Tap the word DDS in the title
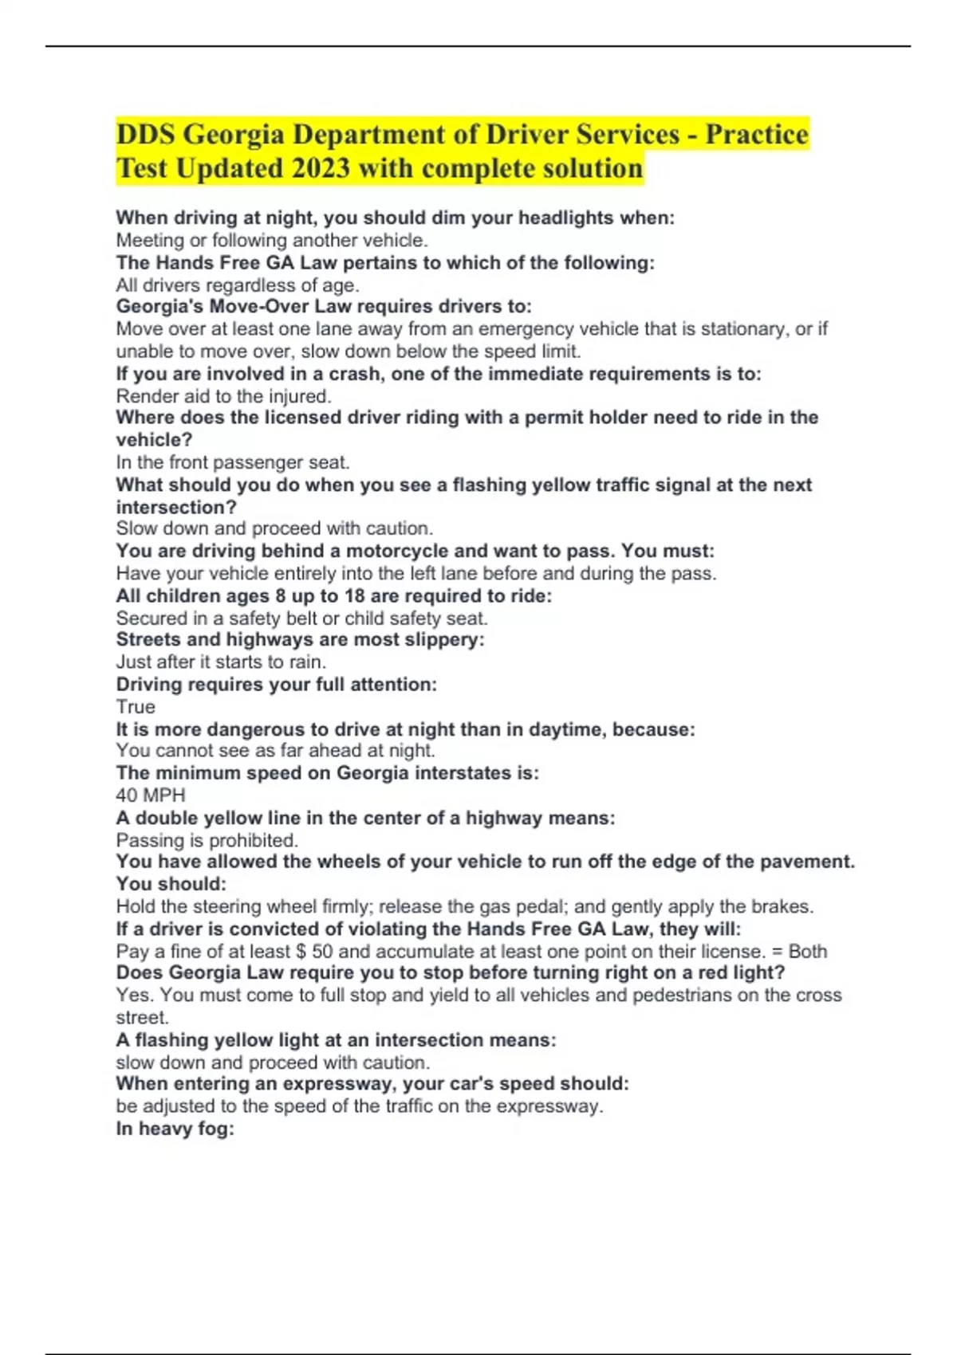[145, 135]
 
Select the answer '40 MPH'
[151, 795]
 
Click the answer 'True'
[136, 707]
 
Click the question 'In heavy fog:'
[175, 1129]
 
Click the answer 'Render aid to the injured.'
[223, 396]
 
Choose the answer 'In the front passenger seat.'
[233, 462]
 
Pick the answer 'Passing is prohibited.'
[207, 840]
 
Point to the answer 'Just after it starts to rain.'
[221, 662]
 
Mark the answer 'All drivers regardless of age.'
[238, 285]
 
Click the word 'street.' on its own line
[142, 1018]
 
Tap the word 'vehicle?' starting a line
[154, 440]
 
